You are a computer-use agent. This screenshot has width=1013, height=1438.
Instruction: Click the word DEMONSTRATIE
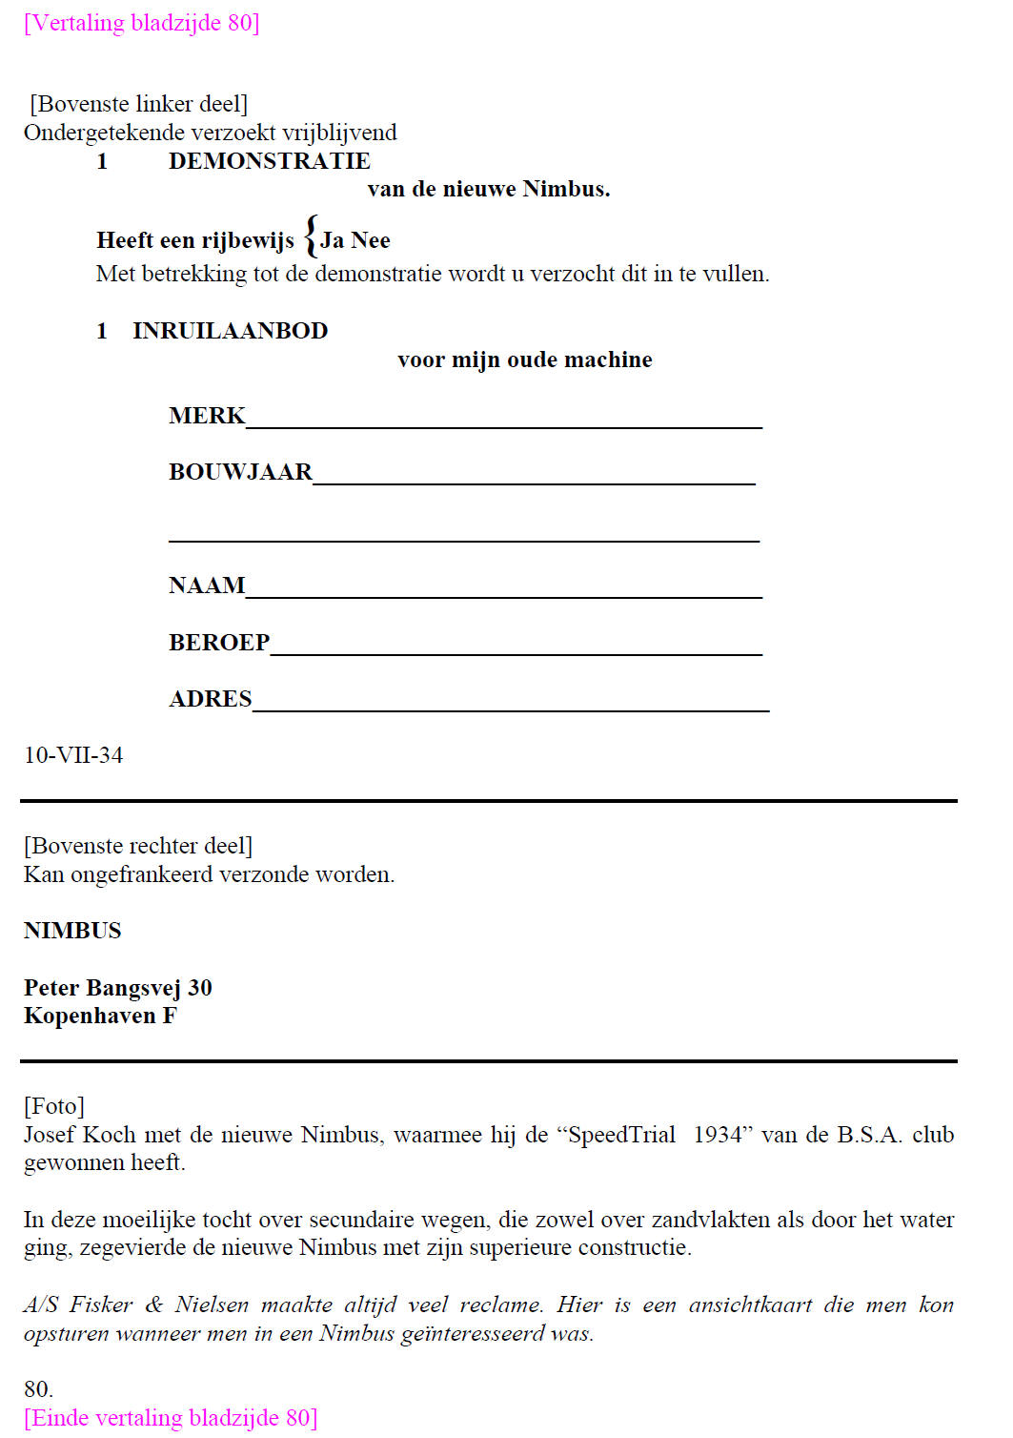click(x=269, y=161)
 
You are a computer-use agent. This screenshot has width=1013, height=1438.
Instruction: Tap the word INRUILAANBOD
click(x=230, y=331)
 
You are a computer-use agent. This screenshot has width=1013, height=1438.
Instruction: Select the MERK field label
click(x=207, y=416)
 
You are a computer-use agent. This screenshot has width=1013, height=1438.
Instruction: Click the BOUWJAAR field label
click(x=240, y=472)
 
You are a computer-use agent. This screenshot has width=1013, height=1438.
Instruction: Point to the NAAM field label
click(x=207, y=585)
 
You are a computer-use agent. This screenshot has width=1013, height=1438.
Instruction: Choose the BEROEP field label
click(x=219, y=643)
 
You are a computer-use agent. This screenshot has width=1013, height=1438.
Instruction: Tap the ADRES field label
click(x=211, y=699)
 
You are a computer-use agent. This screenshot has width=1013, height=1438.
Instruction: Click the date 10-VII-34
click(x=73, y=755)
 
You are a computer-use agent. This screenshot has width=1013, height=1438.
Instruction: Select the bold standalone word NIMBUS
click(x=72, y=931)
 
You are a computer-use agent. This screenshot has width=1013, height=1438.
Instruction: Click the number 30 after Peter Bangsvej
click(x=199, y=988)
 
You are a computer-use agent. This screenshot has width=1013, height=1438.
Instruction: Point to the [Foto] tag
click(x=54, y=1106)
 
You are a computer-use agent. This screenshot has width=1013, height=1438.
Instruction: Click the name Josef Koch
click(x=80, y=1135)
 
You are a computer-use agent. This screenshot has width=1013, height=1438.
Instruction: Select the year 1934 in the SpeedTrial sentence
click(x=718, y=1135)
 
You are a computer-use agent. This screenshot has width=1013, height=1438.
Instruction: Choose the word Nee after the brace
click(x=371, y=240)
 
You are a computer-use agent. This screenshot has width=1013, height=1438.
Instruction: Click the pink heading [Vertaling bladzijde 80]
click(x=142, y=23)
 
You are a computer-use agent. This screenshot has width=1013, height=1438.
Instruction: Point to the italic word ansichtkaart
click(x=753, y=1305)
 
